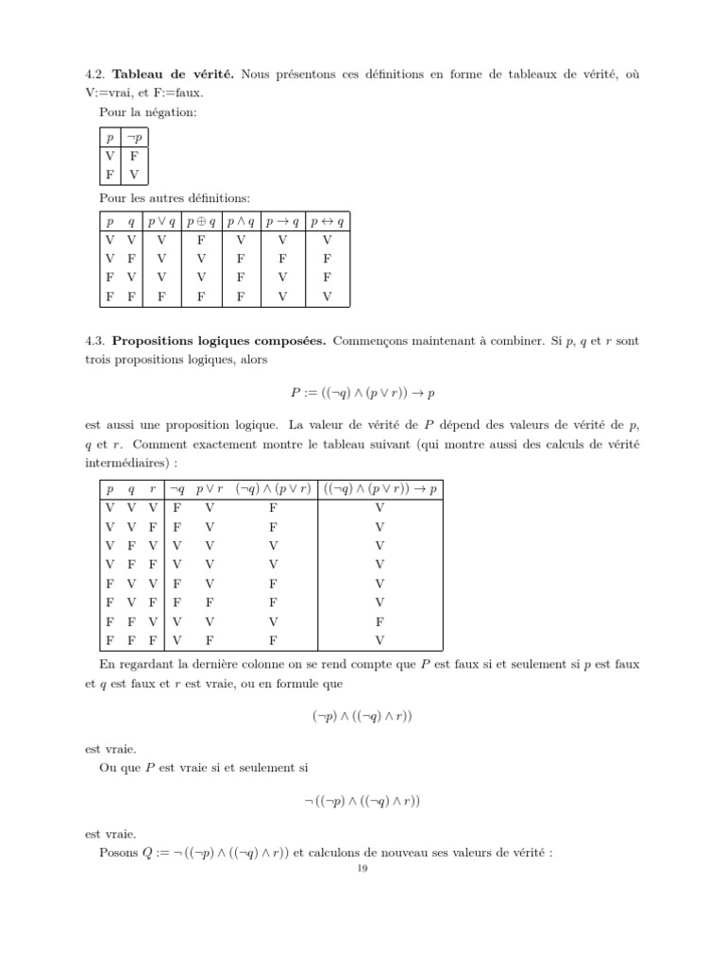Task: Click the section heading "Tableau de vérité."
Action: click(x=173, y=74)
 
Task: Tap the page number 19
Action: click(x=362, y=870)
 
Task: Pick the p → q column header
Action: click(x=282, y=222)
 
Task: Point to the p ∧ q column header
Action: click(x=241, y=222)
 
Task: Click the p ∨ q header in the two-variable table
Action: click(x=161, y=222)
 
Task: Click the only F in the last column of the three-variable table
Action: click(x=379, y=622)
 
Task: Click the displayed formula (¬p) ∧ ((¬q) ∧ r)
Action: click(x=362, y=716)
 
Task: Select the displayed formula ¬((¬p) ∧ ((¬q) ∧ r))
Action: click(x=362, y=802)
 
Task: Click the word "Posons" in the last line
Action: click(x=118, y=853)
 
